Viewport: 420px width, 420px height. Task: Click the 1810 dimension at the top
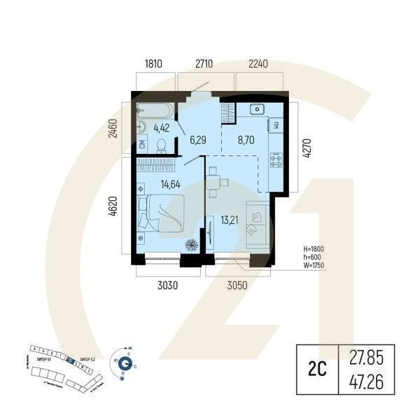click(x=154, y=64)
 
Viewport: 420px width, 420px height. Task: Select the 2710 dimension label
click(x=204, y=64)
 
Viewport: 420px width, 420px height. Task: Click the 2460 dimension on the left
click(x=113, y=127)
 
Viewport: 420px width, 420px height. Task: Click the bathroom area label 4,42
click(x=162, y=127)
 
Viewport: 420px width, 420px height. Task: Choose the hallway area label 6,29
click(x=198, y=140)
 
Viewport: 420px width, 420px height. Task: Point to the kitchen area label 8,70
click(x=246, y=140)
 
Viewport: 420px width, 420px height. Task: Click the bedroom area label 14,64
click(x=171, y=185)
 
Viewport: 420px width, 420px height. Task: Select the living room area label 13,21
click(x=230, y=220)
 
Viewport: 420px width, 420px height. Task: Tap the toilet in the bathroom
click(x=161, y=144)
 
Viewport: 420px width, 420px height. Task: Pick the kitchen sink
click(x=256, y=109)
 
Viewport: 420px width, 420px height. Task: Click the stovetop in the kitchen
click(x=276, y=160)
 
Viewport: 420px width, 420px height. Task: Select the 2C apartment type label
click(x=317, y=368)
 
